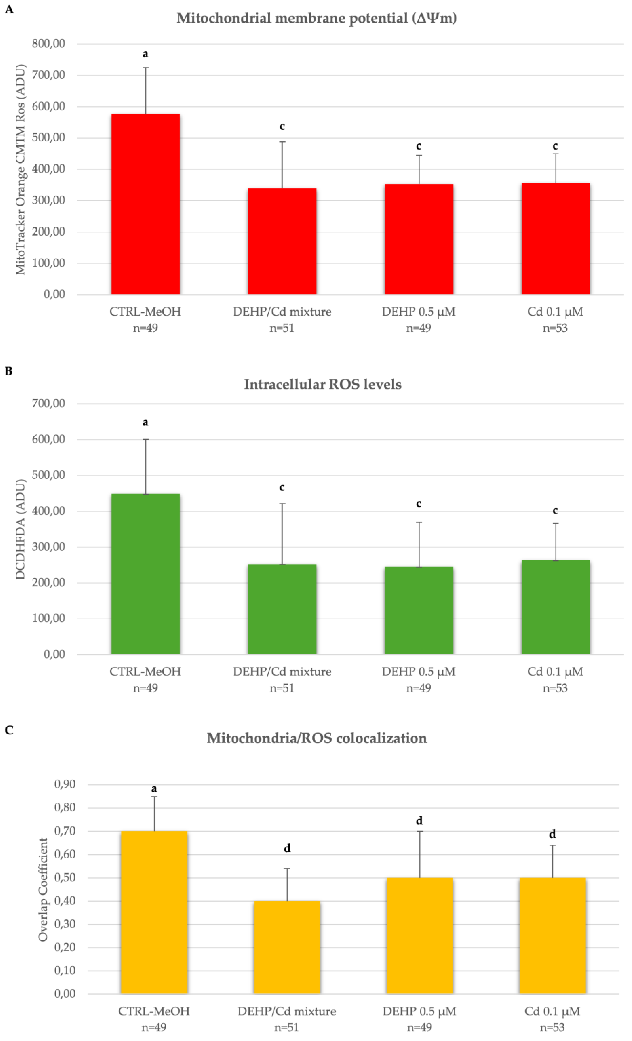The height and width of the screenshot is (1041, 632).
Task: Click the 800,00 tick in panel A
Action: click(49, 44)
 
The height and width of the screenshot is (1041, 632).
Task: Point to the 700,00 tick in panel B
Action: click(49, 403)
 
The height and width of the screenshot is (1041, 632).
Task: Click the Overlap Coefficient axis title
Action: click(43, 889)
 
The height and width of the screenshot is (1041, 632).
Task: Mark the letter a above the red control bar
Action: click(145, 54)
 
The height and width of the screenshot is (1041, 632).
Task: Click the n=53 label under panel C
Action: click(552, 1027)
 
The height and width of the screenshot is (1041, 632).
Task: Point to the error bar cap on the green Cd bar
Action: click(555, 523)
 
